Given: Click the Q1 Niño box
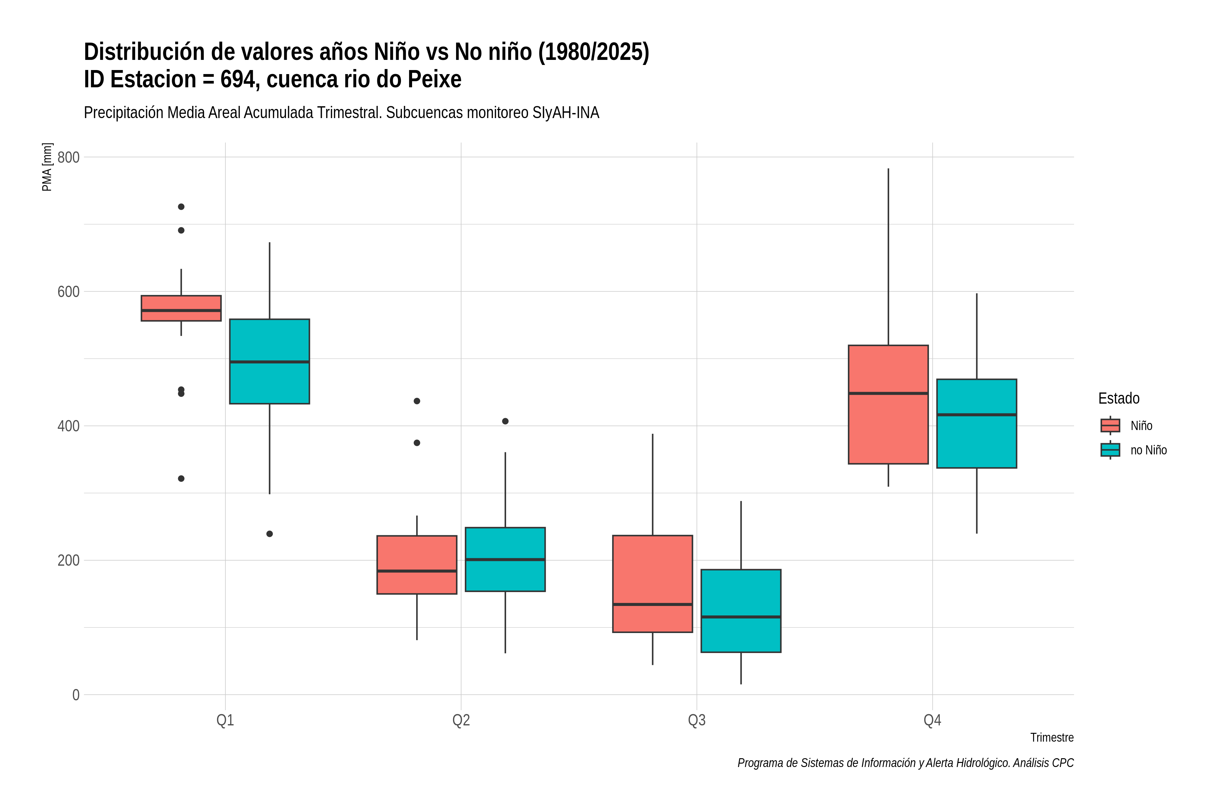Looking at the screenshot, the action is pyautogui.click(x=181, y=308).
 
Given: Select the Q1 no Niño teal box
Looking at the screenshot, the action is pyautogui.click(x=269, y=361).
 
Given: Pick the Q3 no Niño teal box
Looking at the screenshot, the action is pyautogui.click(x=741, y=611).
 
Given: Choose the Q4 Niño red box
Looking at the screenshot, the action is pyautogui.click(x=888, y=404).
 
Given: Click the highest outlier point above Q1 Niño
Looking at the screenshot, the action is pyautogui.click(x=181, y=207).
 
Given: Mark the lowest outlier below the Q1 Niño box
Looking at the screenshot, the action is pyautogui.click(x=181, y=478).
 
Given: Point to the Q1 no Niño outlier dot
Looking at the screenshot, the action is pyautogui.click(x=269, y=534).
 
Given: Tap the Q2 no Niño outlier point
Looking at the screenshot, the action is pyautogui.click(x=505, y=421).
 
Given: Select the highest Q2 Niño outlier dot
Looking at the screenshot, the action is pyautogui.click(x=417, y=401).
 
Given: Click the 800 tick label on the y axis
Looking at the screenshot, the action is pyautogui.click(x=68, y=157).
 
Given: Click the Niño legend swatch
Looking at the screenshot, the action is pyautogui.click(x=1111, y=426).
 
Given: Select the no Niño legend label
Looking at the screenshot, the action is pyautogui.click(x=1149, y=450).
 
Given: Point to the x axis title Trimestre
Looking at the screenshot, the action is pyautogui.click(x=1052, y=738).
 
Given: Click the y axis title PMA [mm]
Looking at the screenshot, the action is pyautogui.click(x=47, y=167).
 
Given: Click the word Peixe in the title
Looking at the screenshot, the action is pyautogui.click(x=435, y=79).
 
